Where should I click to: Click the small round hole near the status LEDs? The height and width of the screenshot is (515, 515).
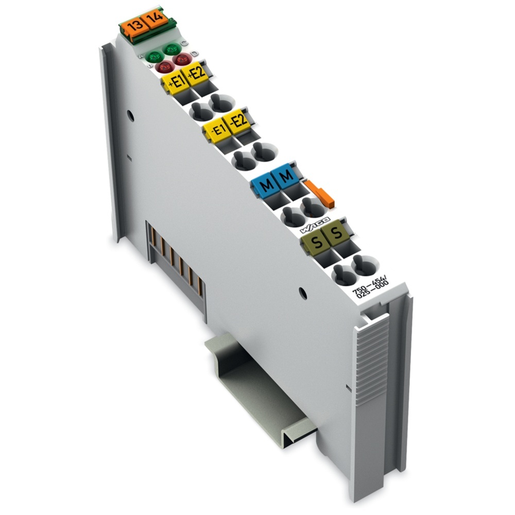click(131, 116)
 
